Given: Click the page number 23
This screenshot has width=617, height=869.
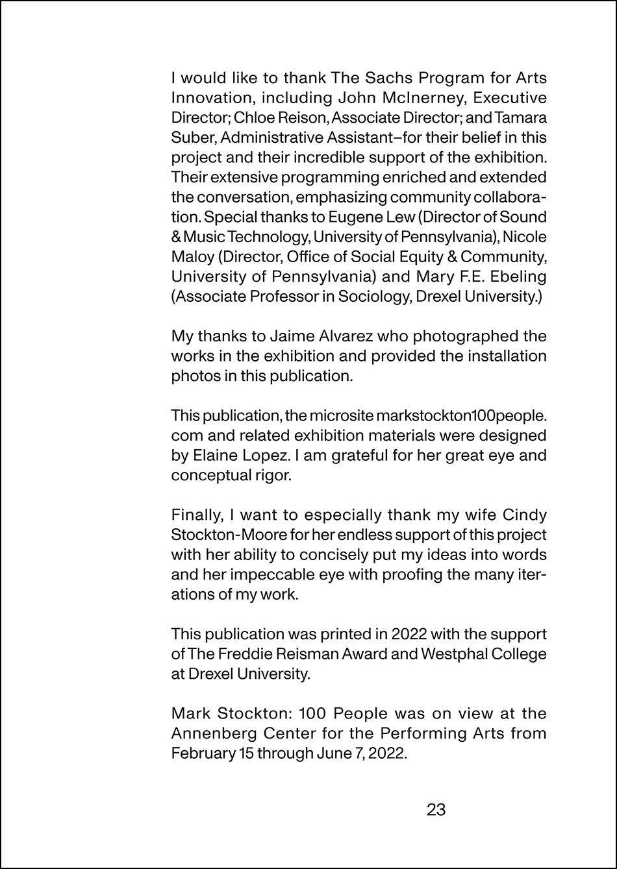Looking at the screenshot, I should tap(436, 809).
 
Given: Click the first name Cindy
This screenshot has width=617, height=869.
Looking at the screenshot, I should tap(525, 515).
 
